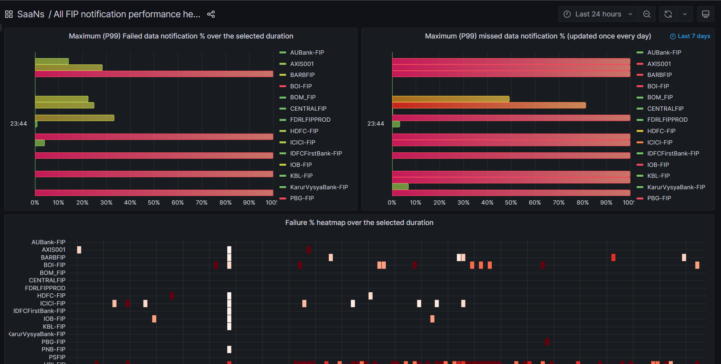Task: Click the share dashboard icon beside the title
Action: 211,14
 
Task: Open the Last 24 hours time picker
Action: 598,14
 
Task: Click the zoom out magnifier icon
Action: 647,14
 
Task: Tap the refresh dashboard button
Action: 668,14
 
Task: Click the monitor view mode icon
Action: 705,14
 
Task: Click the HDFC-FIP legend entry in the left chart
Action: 304,131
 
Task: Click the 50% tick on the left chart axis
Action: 153,203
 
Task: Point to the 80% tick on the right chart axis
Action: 582,203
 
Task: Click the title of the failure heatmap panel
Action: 359,223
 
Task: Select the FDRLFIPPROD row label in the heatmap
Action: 45,288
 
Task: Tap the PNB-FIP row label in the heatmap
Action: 53,349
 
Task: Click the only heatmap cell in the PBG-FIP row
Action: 547,342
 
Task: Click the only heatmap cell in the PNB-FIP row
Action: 229,349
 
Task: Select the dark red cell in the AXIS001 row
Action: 308,250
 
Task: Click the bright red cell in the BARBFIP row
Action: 613,258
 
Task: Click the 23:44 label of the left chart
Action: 18,124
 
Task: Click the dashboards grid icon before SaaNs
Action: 9,14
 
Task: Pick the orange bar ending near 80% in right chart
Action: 489,105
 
